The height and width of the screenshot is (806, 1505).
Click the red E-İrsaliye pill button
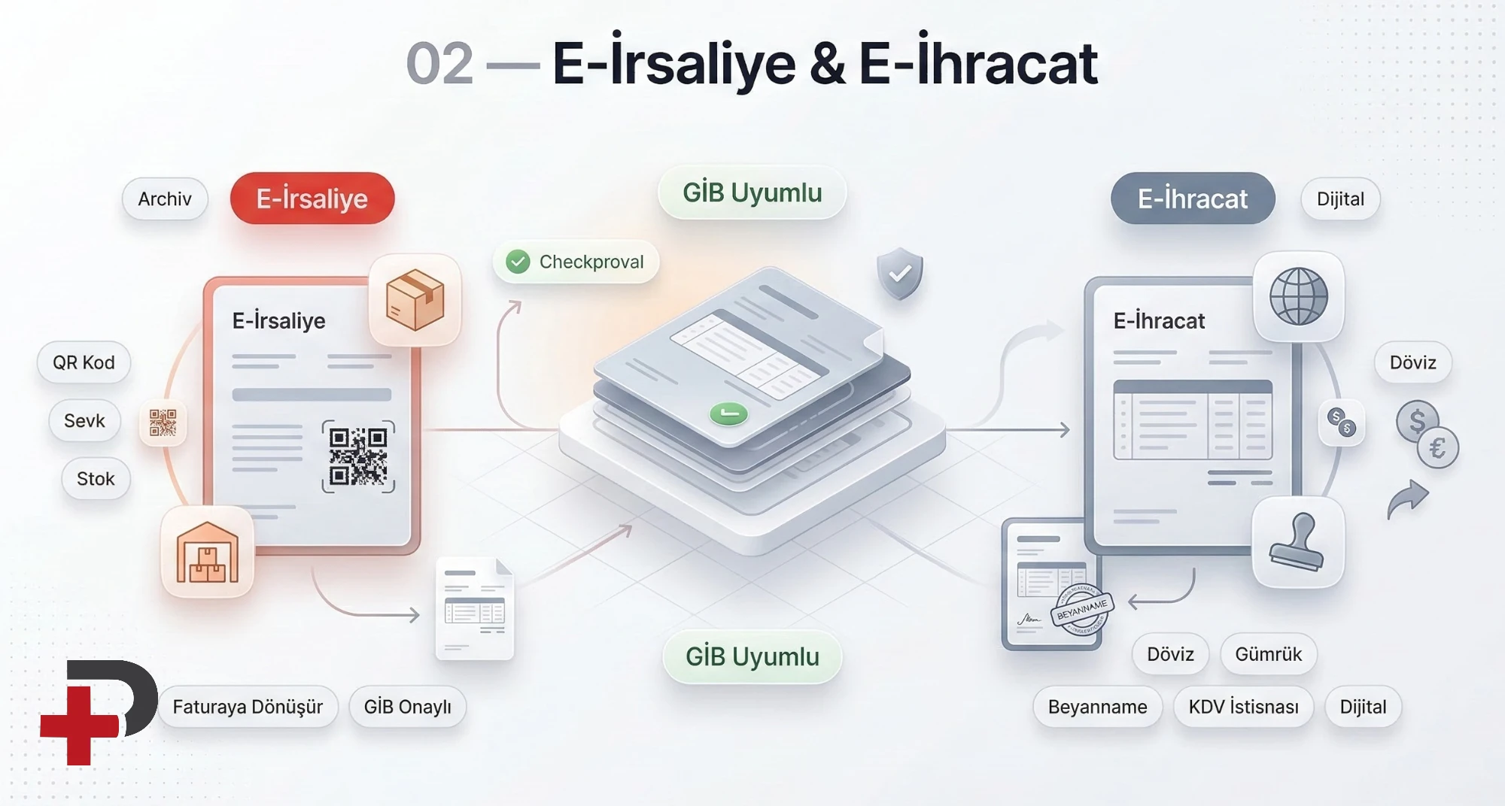(312, 198)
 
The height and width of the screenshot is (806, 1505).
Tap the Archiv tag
(165, 199)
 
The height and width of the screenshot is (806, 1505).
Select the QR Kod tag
(84, 362)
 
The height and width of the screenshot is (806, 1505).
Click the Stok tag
(96, 479)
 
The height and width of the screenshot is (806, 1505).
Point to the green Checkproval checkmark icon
(518, 262)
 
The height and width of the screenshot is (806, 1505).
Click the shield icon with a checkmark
(900, 274)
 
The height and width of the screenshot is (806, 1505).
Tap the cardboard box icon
(415, 300)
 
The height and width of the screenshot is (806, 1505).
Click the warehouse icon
(208, 553)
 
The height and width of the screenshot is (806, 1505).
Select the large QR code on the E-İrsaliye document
(358, 456)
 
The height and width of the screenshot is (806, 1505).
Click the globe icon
(1299, 296)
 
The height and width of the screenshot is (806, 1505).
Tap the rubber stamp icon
(1297, 542)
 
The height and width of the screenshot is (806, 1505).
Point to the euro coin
(1438, 448)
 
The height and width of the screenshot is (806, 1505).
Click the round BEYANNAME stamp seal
(1081, 610)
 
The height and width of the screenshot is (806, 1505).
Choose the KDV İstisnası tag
(1243, 707)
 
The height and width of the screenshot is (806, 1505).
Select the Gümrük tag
(1268, 654)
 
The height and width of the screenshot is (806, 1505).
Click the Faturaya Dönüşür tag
(248, 707)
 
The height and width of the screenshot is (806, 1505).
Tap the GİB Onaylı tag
(407, 707)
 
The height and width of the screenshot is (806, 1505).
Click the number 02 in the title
(439, 64)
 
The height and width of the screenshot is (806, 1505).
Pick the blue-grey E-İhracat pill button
(1193, 198)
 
